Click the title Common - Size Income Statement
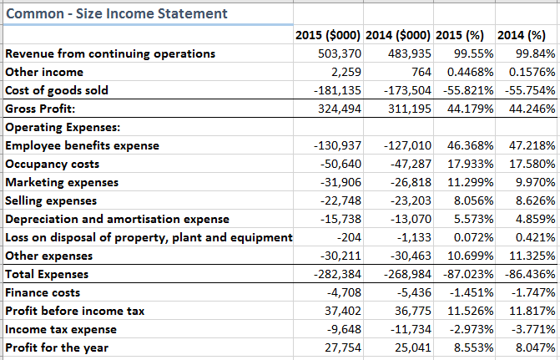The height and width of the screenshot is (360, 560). pyautogui.click(x=116, y=13)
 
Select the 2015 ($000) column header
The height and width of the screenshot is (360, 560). pyautogui.click(x=328, y=35)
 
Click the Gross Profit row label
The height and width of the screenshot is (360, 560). pyautogui.click(x=40, y=109)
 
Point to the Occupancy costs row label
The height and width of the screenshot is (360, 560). pyautogui.click(x=51, y=164)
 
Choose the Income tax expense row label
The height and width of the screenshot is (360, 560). pyautogui.click(x=60, y=329)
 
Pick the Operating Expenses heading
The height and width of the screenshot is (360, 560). pyautogui.click(x=63, y=127)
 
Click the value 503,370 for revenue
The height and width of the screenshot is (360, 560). pyautogui.click(x=339, y=53)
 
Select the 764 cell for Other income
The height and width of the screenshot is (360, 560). pyautogui.click(x=417, y=72)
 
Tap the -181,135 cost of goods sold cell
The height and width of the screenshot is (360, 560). pyautogui.click(x=335, y=90)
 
